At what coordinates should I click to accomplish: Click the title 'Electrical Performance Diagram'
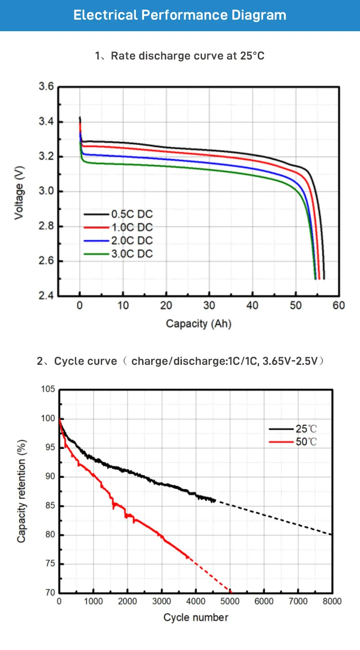180,15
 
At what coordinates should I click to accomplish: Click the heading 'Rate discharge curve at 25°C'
187,56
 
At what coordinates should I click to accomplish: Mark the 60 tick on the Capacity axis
339,306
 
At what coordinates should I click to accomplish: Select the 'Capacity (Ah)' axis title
199,324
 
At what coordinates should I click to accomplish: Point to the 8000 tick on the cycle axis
332,602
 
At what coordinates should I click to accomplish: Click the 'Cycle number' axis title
196,617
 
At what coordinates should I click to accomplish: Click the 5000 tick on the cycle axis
229,602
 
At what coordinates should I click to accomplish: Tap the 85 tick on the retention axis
50,506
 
